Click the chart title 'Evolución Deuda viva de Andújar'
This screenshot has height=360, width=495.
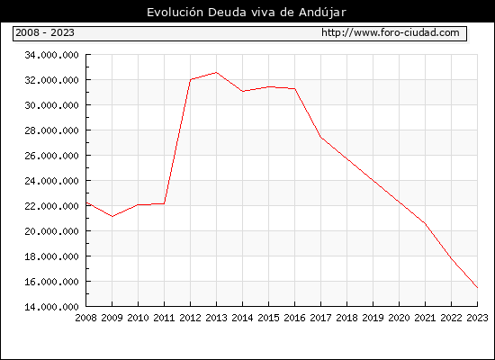(x=247, y=13)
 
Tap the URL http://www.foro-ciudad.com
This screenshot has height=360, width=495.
(x=391, y=32)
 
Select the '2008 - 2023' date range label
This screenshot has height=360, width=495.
(x=45, y=32)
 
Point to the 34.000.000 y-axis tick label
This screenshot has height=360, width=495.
(x=51, y=55)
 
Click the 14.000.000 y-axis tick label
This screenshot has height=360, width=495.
(x=51, y=307)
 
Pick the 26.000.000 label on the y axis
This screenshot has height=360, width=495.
(x=51, y=156)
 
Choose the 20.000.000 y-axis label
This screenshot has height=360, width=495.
(x=51, y=231)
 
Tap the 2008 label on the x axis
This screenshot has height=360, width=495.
(x=85, y=318)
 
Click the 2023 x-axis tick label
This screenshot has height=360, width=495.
(x=477, y=318)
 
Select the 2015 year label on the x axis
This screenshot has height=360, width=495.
(x=269, y=318)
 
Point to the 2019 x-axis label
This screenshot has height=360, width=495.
(x=373, y=318)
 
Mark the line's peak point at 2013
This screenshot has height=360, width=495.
(x=216, y=73)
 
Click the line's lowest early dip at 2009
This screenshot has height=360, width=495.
(x=112, y=216)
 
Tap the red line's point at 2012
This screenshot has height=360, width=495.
(x=191, y=79)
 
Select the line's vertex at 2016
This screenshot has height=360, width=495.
(x=295, y=89)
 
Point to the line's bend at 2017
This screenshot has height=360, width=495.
(x=320, y=137)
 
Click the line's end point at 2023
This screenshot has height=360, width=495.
(x=477, y=288)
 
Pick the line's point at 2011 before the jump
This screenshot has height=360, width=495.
(x=164, y=203)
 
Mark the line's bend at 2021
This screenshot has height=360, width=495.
(x=425, y=223)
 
